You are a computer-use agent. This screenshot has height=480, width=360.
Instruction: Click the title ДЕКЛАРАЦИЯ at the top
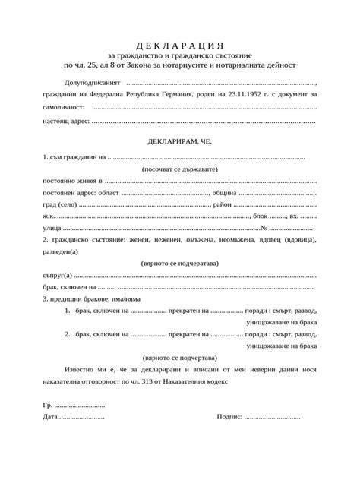pyautogui.click(x=179, y=43)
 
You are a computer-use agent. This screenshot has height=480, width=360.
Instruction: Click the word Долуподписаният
pyautogui.click(x=93, y=81)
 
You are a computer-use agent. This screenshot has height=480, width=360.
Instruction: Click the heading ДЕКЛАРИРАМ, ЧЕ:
pyautogui.click(x=179, y=141)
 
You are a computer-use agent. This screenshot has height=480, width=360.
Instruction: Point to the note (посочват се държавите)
pyautogui.click(x=179, y=169)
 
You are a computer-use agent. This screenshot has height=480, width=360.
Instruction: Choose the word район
pyautogui.click(x=222, y=205)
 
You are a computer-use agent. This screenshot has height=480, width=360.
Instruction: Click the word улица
pyautogui.click(x=51, y=228)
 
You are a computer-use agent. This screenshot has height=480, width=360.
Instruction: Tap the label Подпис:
pyautogui.click(x=229, y=417)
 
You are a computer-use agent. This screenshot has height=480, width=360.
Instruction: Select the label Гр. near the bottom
pyautogui.click(x=48, y=405)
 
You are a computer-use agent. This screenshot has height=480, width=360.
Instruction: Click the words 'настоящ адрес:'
pyautogui.click(x=67, y=121)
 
